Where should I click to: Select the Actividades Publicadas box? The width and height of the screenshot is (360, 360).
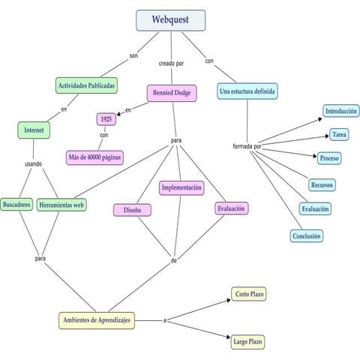click(86, 85)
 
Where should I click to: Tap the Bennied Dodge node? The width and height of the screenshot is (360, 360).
click(172, 94)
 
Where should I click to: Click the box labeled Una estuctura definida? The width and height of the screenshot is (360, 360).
click(247, 91)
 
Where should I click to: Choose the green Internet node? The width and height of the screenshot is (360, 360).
click(34, 130)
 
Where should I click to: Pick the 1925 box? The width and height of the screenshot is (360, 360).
click(106, 118)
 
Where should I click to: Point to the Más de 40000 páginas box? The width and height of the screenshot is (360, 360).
click(94, 157)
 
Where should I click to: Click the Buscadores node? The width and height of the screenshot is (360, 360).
click(16, 204)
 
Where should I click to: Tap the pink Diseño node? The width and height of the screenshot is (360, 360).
click(133, 210)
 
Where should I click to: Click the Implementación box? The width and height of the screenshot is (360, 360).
click(181, 188)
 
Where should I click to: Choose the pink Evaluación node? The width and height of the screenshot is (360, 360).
click(231, 208)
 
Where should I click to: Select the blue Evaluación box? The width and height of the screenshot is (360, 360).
click(315, 209)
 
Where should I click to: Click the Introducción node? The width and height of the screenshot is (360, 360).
click(341, 111)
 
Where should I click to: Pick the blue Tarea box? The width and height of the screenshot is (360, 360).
click(338, 135)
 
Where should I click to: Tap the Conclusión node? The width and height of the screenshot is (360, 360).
click(307, 235)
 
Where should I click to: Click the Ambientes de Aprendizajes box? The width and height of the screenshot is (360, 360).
click(97, 320)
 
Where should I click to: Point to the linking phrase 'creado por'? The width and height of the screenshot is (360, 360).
click(171, 64)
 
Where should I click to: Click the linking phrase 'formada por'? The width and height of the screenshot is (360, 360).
click(247, 145)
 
